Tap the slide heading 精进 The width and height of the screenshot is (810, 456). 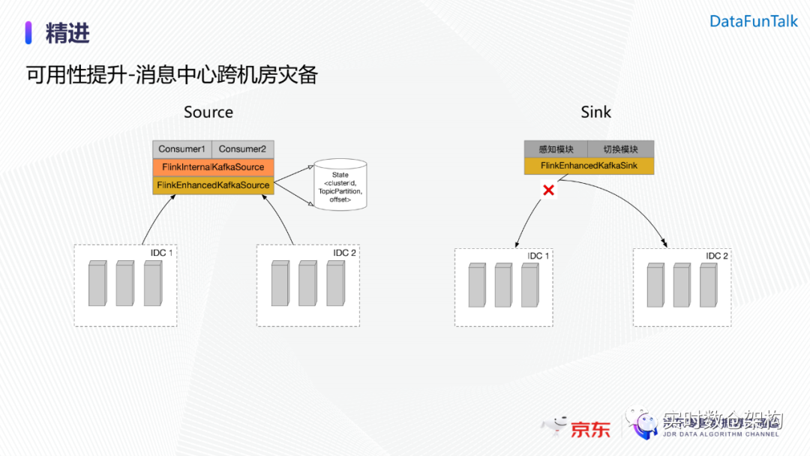pyautogui.click(x=67, y=33)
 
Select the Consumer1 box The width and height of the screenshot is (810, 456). pyautogui.click(x=182, y=149)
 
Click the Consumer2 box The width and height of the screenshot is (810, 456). pyautogui.click(x=243, y=149)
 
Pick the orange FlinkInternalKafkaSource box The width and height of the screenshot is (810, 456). pyautogui.click(x=213, y=166)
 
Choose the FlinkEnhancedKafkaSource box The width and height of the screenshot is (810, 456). pyautogui.click(x=213, y=185)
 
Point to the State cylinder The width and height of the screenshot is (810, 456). pyautogui.click(x=340, y=184)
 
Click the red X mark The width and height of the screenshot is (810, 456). pyautogui.click(x=548, y=190)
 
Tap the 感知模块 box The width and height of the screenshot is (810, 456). pyautogui.click(x=555, y=149)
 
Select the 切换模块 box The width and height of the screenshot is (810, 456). pyautogui.click(x=620, y=149)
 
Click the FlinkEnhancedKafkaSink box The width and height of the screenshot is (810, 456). pyautogui.click(x=589, y=166)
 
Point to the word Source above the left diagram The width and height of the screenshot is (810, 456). pyautogui.click(x=208, y=112)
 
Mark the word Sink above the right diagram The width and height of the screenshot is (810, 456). pyautogui.click(x=596, y=112)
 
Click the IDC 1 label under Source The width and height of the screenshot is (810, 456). pyautogui.click(x=161, y=253)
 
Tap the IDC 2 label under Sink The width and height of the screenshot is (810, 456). pyautogui.click(x=717, y=256)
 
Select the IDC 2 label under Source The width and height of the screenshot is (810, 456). pyautogui.click(x=344, y=253)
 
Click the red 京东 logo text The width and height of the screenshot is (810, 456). pyautogui.click(x=590, y=430)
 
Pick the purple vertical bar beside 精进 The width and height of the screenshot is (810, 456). pyautogui.click(x=28, y=33)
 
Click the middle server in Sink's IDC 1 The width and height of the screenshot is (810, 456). pyautogui.click(x=503, y=285)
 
